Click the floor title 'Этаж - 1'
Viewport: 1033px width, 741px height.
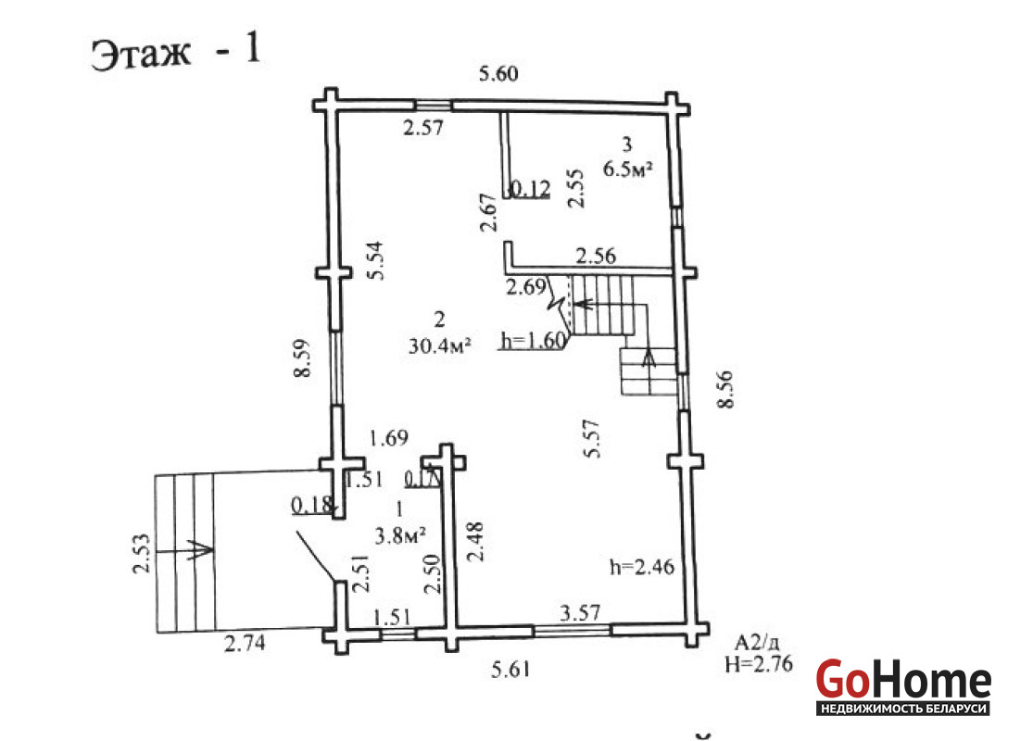pos(176,52)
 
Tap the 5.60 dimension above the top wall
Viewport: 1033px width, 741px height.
pos(498,73)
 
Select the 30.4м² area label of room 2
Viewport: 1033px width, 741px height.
pos(439,345)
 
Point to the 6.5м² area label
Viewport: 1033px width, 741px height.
pos(628,170)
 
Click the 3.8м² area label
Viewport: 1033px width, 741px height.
pos(399,535)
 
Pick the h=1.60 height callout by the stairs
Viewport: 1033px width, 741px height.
pos(534,340)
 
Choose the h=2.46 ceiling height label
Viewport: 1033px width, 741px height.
pos(642,566)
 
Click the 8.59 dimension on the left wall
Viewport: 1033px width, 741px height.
pos(302,358)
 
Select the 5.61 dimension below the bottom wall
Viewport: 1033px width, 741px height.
pos(511,669)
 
